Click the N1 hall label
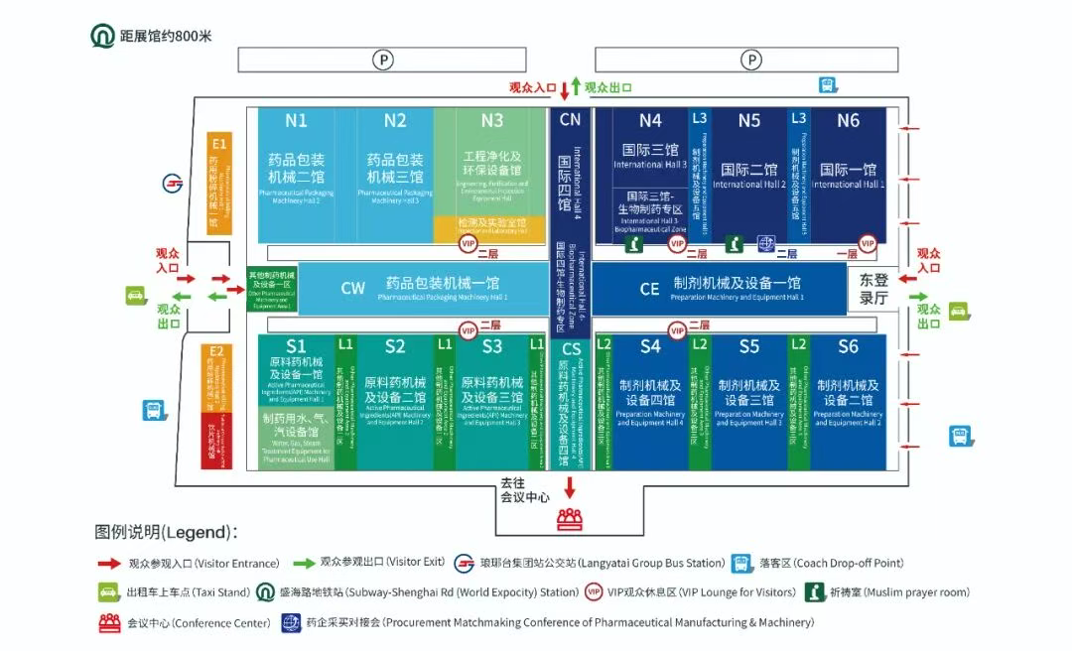[x=296, y=121]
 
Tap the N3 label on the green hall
[x=492, y=121]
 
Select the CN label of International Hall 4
[x=570, y=120]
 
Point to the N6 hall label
[x=848, y=120]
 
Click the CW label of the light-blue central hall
[x=353, y=289]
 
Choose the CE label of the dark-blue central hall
[x=649, y=289]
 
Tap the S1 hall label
[x=296, y=346]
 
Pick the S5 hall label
[x=749, y=346]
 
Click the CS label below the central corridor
[x=571, y=349]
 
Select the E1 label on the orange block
[x=218, y=144]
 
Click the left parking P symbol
[x=383, y=61]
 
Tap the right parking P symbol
[x=752, y=61]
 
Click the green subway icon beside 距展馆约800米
[x=102, y=37]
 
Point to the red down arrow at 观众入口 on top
[x=564, y=90]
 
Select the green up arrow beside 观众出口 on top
[x=576, y=86]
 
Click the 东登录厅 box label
[x=872, y=289]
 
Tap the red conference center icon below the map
[x=570, y=516]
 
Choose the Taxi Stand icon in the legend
[x=108, y=592]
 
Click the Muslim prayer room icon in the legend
[x=814, y=592]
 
